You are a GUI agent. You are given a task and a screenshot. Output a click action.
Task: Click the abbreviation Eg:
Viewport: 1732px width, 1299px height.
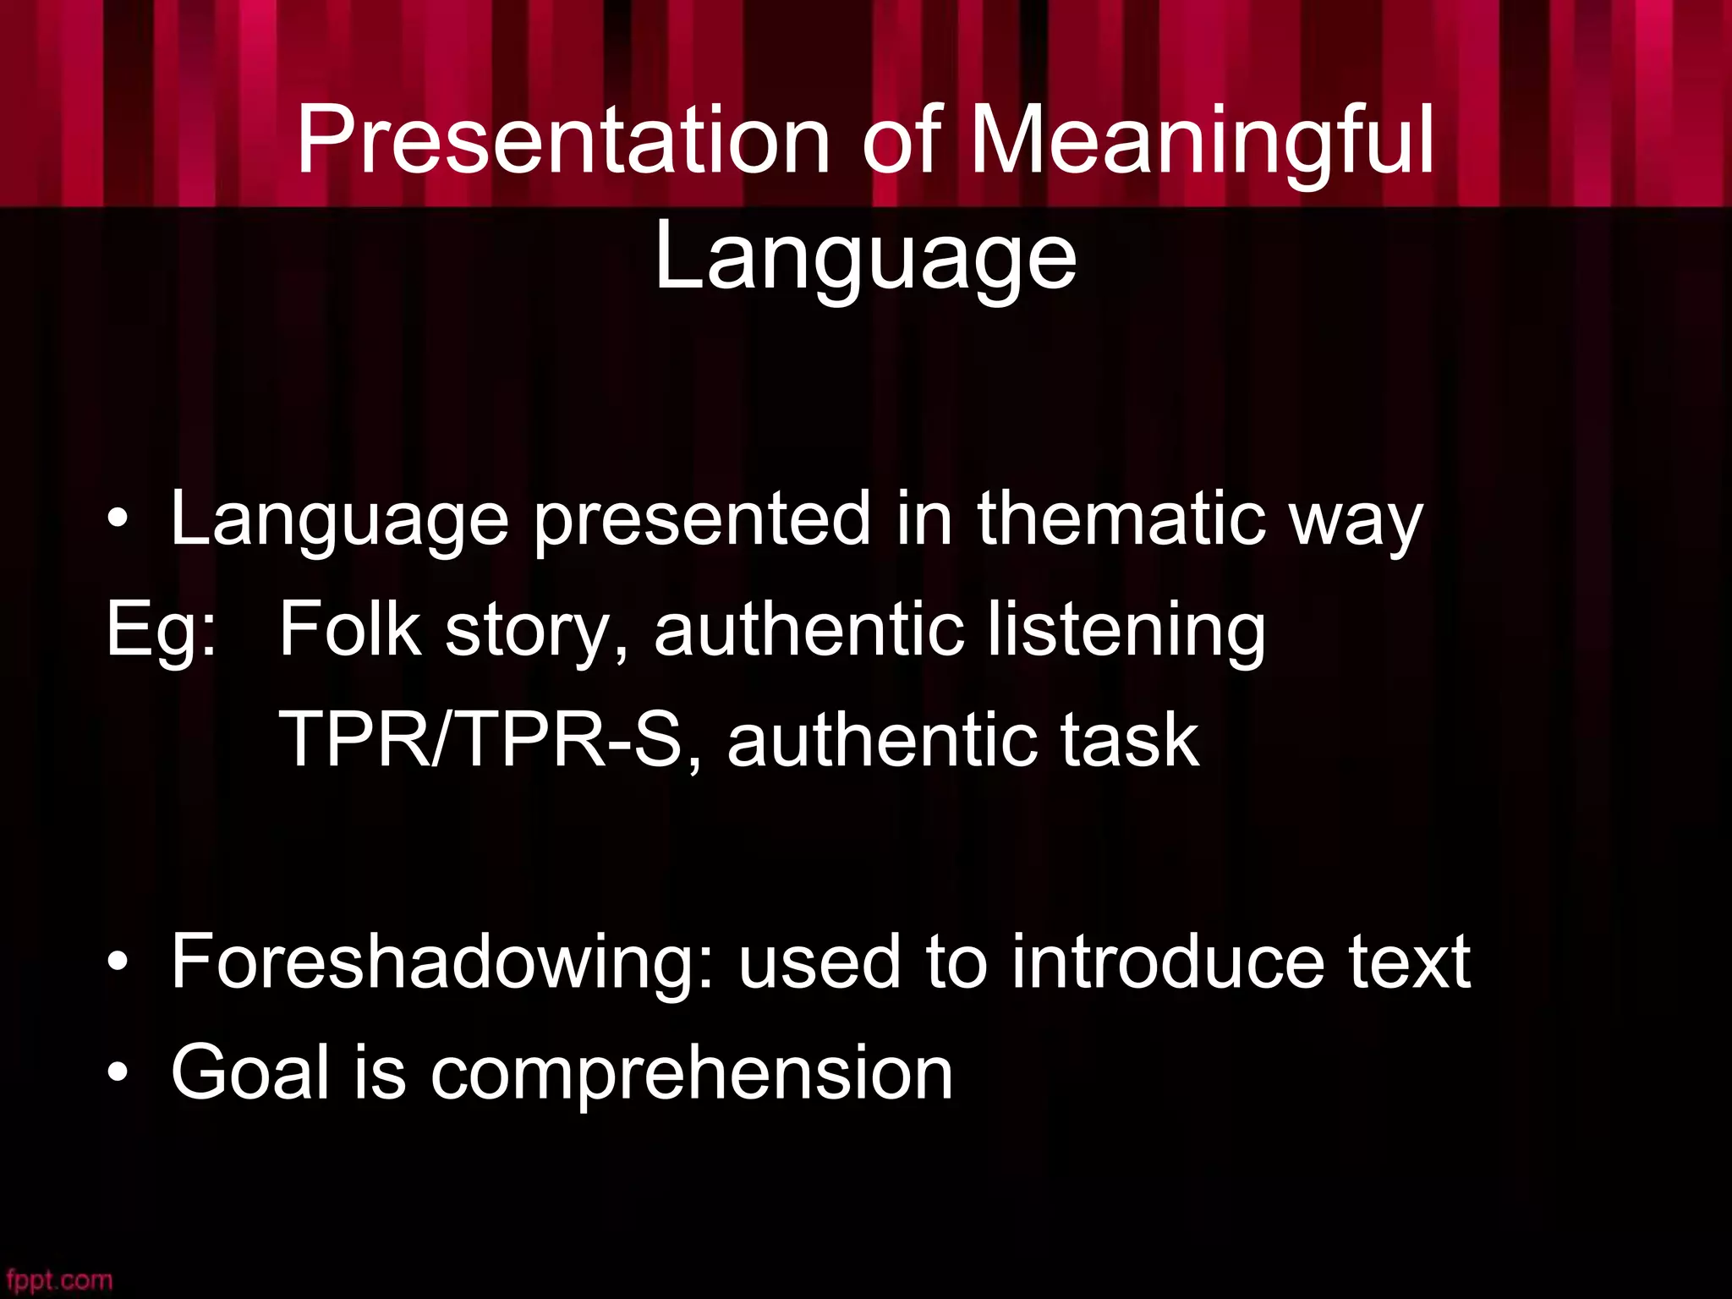(x=162, y=630)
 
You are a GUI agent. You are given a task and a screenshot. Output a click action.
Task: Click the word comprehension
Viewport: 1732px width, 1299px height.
(x=692, y=1074)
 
